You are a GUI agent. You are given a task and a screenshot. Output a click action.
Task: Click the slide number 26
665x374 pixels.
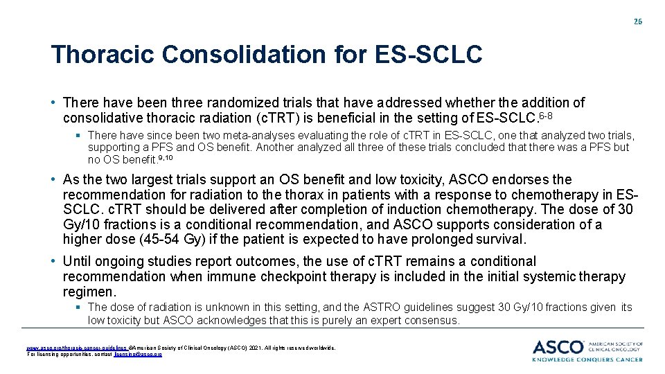(x=637, y=21)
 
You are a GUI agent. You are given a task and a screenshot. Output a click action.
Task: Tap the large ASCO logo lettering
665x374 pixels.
(x=558, y=348)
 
